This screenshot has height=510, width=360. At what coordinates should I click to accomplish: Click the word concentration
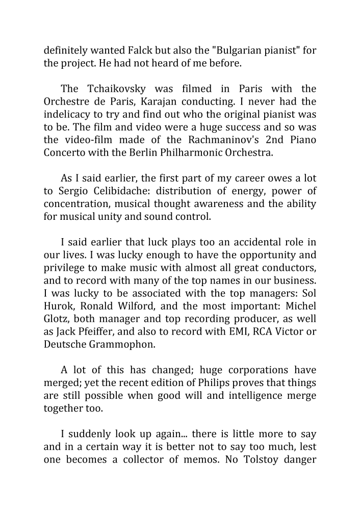point(78,220)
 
